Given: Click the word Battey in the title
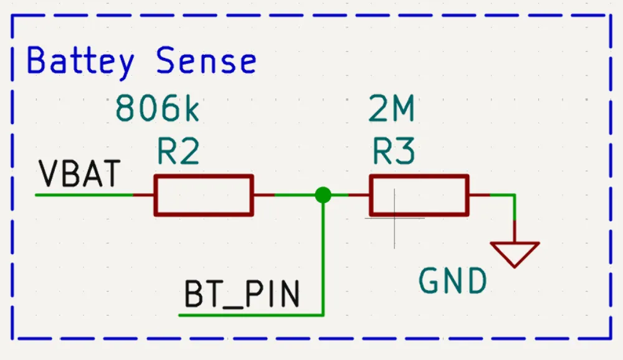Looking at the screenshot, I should point(80,61).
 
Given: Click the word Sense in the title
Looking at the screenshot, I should point(206,61).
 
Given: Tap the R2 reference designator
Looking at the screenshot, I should point(178,151).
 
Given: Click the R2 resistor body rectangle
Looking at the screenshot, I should point(204,195).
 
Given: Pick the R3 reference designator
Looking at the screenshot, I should point(393,151).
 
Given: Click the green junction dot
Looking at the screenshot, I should point(323,195).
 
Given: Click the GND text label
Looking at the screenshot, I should point(452,282).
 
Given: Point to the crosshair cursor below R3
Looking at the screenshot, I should point(394,219).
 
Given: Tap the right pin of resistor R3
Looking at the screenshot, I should point(478,195).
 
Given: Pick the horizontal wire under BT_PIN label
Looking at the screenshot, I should point(249,315).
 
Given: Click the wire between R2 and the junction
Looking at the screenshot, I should point(295,195).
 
